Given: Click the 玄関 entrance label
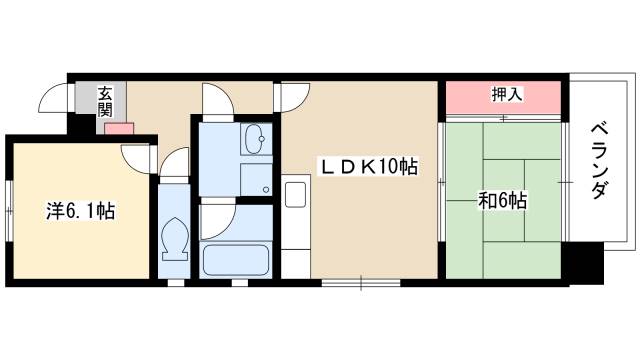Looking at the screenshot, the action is (x=104, y=102).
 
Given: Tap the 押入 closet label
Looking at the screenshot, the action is (x=507, y=95).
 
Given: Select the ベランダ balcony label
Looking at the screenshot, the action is (x=599, y=161).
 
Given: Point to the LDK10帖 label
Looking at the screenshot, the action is (x=369, y=167).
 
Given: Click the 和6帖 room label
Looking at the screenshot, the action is (x=502, y=200).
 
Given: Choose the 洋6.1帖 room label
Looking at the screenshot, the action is (x=80, y=211).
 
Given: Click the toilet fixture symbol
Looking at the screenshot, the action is (x=175, y=239).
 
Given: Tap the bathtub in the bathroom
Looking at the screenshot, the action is (x=236, y=260).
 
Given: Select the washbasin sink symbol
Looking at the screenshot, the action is (x=256, y=139).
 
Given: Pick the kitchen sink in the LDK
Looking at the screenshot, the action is (x=296, y=194).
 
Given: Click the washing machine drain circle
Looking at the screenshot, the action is (x=266, y=189).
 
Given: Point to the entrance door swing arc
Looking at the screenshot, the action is (x=52, y=98).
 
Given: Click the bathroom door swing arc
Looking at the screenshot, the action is (x=218, y=222).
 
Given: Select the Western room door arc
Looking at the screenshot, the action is (x=136, y=159).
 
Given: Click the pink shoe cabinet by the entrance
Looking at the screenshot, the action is (x=119, y=129).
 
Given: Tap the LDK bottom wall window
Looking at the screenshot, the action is (x=361, y=282).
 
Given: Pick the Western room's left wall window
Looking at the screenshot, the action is (x=9, y=211).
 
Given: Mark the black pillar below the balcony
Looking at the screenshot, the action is (x=582, y=263).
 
